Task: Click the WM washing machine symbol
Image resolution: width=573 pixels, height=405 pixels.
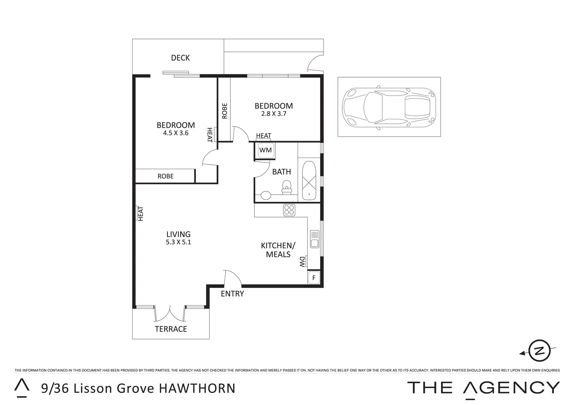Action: [x=266, y=150]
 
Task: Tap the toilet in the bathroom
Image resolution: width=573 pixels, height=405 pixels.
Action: [x=287, y=186]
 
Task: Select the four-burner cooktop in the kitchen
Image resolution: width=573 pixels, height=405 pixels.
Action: [x=289, y=210]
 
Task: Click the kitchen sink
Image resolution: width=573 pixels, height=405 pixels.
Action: [x=314, y=239]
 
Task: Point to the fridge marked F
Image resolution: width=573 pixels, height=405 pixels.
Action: [x=313, y=278]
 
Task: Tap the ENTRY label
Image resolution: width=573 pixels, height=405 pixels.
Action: [x=232, y=294]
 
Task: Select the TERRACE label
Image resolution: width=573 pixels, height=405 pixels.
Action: [x=171, y=329]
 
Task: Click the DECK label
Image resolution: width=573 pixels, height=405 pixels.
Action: [x=180, y=58]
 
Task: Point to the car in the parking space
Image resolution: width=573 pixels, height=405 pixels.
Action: [x=389, y=107]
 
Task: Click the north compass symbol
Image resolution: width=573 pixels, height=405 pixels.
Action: [x=539, y=351]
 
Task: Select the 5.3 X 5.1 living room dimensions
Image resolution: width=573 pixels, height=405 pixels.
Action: [x=178, y=242]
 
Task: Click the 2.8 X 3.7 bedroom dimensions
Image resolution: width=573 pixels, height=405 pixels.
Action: [x=274, y=114]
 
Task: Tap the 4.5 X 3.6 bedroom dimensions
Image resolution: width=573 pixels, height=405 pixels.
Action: [x=176, y=133]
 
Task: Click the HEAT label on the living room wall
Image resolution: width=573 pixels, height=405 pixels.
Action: [x=141, y=213]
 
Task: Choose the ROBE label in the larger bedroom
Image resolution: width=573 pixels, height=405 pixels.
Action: [x=165, y=176]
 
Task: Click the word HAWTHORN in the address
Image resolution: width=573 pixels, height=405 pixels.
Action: [x=197, y=388]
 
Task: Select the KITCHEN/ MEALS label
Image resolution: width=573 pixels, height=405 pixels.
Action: [x=278, y=250]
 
